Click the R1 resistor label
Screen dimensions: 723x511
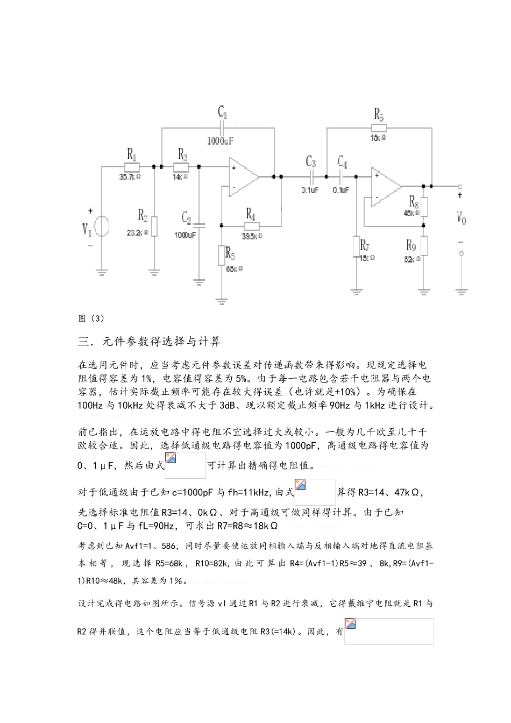(x=131, y=154)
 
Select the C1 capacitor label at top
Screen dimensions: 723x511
(x=222, y=112)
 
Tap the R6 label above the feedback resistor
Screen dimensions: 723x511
(x=379, y=114)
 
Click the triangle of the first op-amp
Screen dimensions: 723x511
(x=243, y=176)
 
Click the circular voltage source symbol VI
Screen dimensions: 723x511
(x=102, y=226)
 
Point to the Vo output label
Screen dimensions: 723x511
(x=461, y=218)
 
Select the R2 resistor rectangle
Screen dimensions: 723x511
(x=154, y=226)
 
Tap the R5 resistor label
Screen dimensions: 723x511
(x=230, y=253)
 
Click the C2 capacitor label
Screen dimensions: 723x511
(x=186, y=218)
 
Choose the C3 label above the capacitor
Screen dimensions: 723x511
(x=311, y=161)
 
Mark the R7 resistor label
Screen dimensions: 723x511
(x=365, y=246)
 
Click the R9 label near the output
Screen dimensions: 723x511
(x=411, y=246)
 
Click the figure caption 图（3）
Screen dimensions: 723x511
(x=91, y=318)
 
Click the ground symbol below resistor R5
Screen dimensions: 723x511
(x=221, y=301)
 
